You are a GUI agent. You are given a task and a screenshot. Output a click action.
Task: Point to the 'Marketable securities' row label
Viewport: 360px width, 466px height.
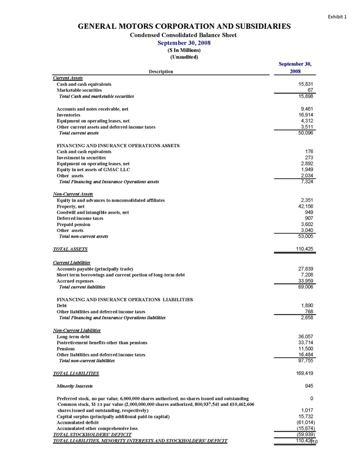click(x=81, y=89)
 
